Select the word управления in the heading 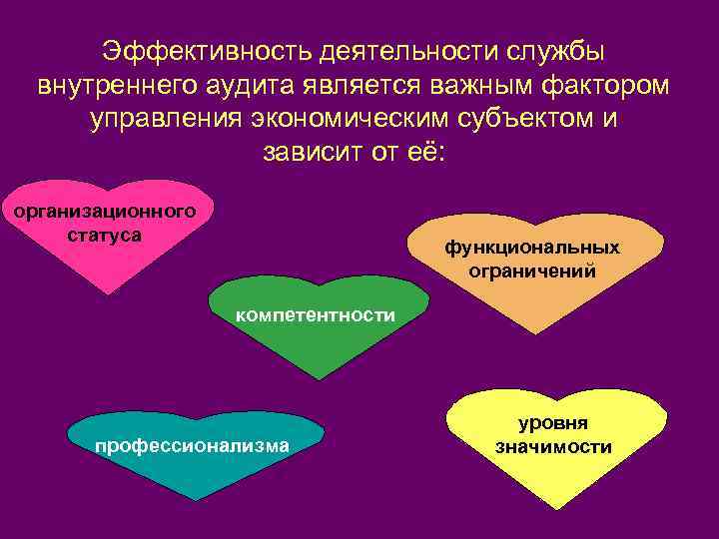[167, 120]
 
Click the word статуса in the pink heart [103, 236]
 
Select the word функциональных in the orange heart [531, 247]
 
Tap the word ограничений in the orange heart [532, 269]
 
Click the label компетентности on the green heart [315, 315]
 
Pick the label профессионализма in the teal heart [192, 445]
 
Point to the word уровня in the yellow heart [553, 423]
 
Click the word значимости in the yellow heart [553, 447]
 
